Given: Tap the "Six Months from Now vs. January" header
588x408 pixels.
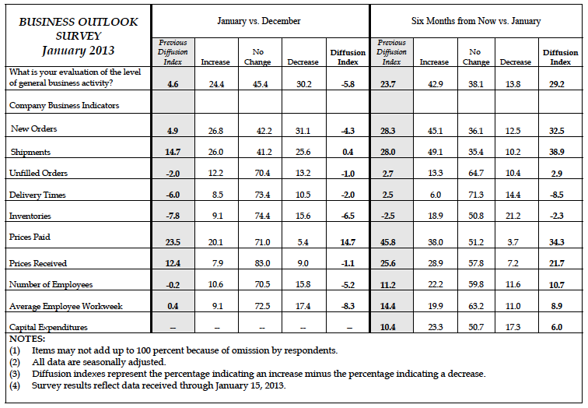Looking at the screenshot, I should click(476, 20).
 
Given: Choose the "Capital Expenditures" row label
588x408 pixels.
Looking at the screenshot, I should click(47, 327).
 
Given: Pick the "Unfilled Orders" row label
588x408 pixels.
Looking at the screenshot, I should click(37, 172).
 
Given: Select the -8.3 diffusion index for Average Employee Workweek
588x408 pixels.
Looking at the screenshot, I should click(347, 308).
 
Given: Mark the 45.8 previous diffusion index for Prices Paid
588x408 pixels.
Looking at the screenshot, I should click(390, 242).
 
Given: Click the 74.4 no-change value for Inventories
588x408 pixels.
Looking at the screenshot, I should click(257, 215).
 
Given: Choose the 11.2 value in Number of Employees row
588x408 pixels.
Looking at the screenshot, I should click(390, 286).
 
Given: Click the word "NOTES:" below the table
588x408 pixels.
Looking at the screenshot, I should click(27, 339).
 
